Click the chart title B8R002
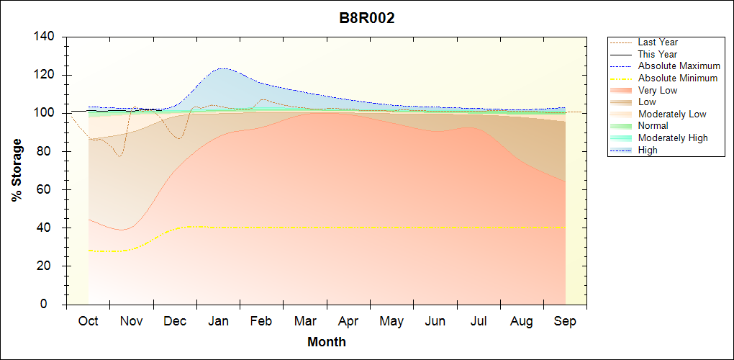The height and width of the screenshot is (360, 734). coord(367,18)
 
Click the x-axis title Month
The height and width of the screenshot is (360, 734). coord(327,342)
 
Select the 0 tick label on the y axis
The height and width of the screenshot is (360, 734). coord(53,305)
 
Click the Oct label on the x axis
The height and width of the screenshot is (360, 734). coord(88,321)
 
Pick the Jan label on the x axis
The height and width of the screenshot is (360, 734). coord(218,321)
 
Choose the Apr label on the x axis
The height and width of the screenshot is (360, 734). coord(348,321)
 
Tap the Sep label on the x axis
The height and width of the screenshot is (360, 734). coord(565,321)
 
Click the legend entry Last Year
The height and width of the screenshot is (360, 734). coord(657,42)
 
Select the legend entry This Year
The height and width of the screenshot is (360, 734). coord(657,54)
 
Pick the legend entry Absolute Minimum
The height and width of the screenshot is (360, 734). coord(677,78)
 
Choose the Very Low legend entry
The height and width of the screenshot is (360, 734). coord(657,90)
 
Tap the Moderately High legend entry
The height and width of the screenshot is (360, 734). coord(672,138)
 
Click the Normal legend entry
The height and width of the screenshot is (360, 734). coord(653,126)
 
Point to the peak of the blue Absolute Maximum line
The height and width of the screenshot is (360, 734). coord(222,68)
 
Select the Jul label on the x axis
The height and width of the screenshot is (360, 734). coord(479,321)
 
